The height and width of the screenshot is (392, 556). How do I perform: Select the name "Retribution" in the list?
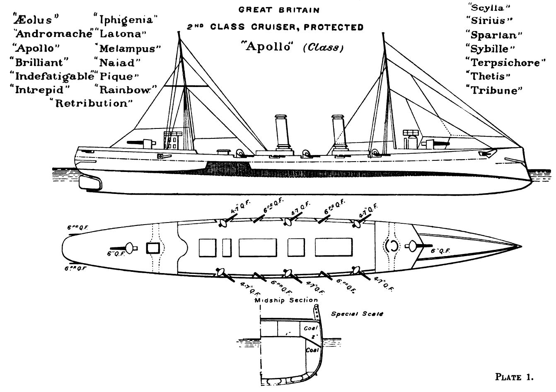(91, 103)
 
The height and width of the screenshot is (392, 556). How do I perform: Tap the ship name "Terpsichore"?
(505, 63)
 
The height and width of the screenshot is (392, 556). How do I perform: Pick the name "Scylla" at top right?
(487, 8)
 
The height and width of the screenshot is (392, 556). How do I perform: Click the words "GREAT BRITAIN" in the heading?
(279, 10)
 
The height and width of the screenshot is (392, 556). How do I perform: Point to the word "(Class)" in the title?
(324, 47)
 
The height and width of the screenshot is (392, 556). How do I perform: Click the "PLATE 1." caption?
(514, 377)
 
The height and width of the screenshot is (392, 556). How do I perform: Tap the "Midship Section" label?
(286, 300)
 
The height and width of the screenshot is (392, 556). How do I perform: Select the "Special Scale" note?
(357, 314)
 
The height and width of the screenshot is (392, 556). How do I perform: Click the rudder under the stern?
(90, 182)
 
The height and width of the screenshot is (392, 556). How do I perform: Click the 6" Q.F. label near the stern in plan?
(116, 254)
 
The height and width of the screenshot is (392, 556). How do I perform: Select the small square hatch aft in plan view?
(152, 248)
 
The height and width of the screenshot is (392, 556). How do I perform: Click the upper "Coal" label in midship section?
(310, 328)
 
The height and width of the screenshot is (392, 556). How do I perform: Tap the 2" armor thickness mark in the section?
(314, 337)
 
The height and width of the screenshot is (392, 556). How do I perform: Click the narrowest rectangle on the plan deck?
(227, 247)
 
